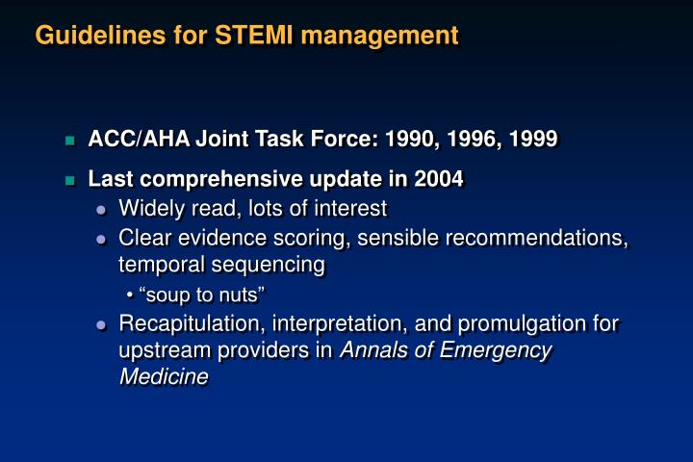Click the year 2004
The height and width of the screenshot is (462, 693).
click(x=439, y=179)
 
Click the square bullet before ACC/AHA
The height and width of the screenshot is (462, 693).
click(x=69, y=141)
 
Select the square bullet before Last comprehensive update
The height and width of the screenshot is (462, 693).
click(x=69, y=181)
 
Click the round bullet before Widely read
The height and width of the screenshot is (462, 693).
click(x=101, y=210)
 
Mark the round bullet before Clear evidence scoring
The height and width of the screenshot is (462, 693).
click(x=101, y=239)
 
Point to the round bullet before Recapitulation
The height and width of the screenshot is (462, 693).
click(x=101, y=325)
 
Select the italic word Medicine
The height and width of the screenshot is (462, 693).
click(x=164, y=377)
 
